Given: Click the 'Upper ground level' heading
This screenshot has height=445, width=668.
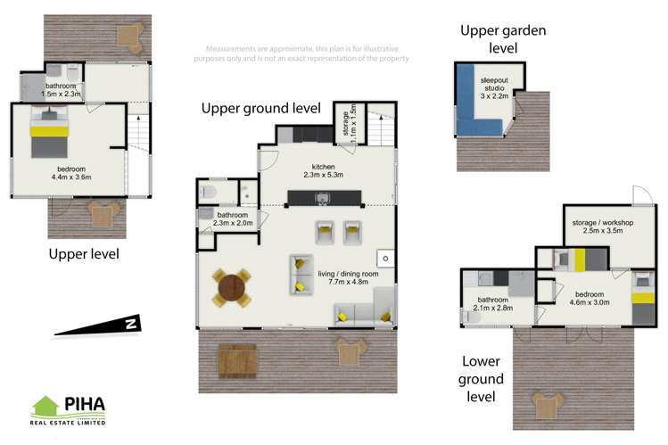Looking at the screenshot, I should (260, 109).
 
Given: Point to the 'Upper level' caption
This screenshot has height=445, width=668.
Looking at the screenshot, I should (84, 255).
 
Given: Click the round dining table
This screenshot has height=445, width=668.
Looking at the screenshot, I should (231, 288).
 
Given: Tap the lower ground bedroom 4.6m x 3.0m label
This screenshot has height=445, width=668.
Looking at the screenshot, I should (590, 298).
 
